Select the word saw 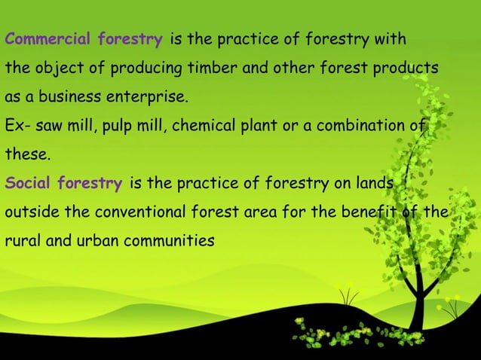tap(47, 126)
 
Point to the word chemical tap(201, 126)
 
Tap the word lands tap(374, 183)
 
